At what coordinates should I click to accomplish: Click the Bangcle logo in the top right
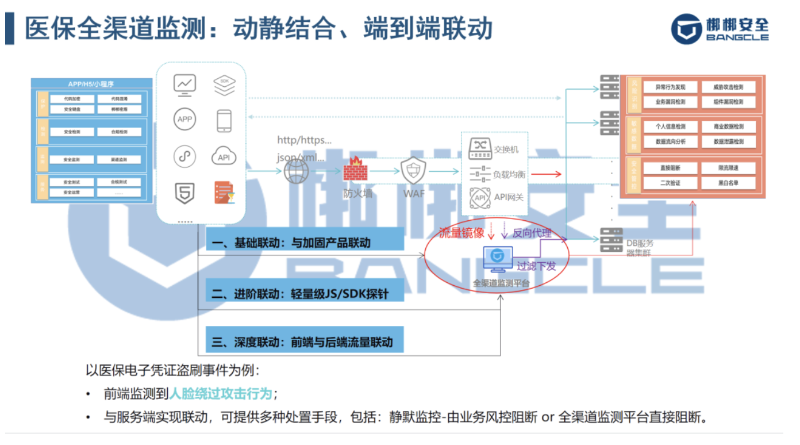[x=719, y=28]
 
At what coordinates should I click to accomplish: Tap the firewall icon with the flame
[x=355, y=170]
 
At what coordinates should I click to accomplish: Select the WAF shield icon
[x=414, y=170]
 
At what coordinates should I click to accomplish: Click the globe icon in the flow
[x=297, y=171]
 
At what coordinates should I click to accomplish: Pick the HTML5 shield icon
[x=184, y=193]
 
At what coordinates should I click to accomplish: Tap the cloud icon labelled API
[x=224, y=156]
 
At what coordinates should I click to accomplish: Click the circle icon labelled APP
[x=184, y=120]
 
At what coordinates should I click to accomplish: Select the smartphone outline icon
[x=224, y=121]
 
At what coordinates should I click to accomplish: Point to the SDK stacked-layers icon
[x=224, y=85]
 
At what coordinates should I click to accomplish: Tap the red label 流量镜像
[x=461, y=233]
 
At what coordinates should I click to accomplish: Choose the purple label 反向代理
[x=532, y=233]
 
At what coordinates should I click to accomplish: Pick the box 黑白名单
[x=728, y=183]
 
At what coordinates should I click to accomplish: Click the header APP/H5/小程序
[x=91, y=83]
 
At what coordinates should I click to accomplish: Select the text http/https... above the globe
[x=304, y=140]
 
